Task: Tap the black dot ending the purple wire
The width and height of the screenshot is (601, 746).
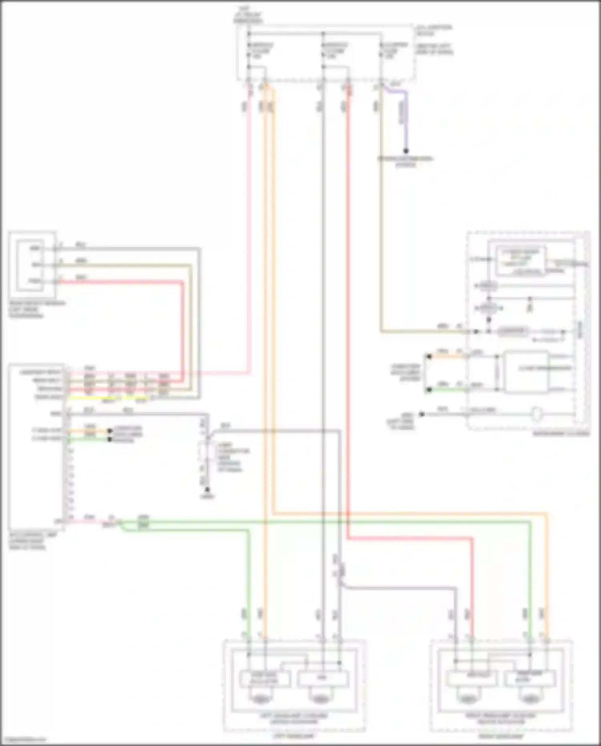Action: pos(405,151)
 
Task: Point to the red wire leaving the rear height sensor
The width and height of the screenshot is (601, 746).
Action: pos(120,282)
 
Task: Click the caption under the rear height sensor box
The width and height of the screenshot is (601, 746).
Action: pos(36,309)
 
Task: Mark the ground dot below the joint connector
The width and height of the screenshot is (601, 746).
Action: pos(207,490)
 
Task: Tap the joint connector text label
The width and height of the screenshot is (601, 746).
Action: pos(233,457)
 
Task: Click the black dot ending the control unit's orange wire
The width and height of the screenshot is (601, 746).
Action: pos(109,431)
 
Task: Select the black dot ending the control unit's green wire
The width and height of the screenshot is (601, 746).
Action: pos(109,439)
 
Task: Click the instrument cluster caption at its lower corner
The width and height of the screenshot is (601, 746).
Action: pos(561,434)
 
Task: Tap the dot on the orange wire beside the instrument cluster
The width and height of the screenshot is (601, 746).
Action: pos(429,356)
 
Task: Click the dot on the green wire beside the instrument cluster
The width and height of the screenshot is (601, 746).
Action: pos(429,389)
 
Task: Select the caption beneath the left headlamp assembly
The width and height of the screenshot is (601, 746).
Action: pos(294,736)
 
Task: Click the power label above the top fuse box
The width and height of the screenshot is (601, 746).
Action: pos(248,14)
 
